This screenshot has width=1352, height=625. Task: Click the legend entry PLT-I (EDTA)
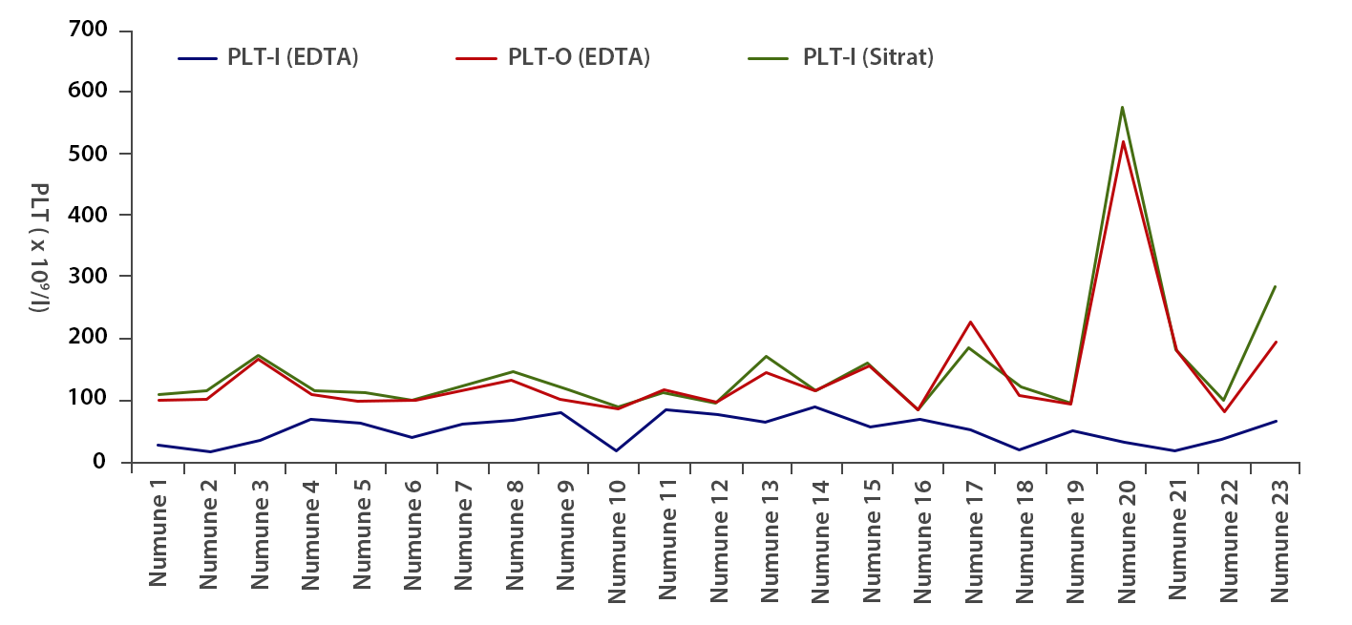(x=292, y=57)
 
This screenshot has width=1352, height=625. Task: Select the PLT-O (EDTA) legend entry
(x=579, y=57)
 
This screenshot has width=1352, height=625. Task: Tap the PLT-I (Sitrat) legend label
(x=867, y=57)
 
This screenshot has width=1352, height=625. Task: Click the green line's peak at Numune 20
(x=1123, y=107)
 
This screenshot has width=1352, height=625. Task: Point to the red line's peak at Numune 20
(x=1123, y=142)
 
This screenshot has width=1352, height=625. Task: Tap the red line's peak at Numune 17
(x=970, y=322)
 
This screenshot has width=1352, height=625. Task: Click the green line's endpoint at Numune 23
(x=1276, y=286)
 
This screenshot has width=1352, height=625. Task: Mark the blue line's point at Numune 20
(x=1123, y=442)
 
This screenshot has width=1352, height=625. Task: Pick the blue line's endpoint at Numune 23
(x=1276, y=421)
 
